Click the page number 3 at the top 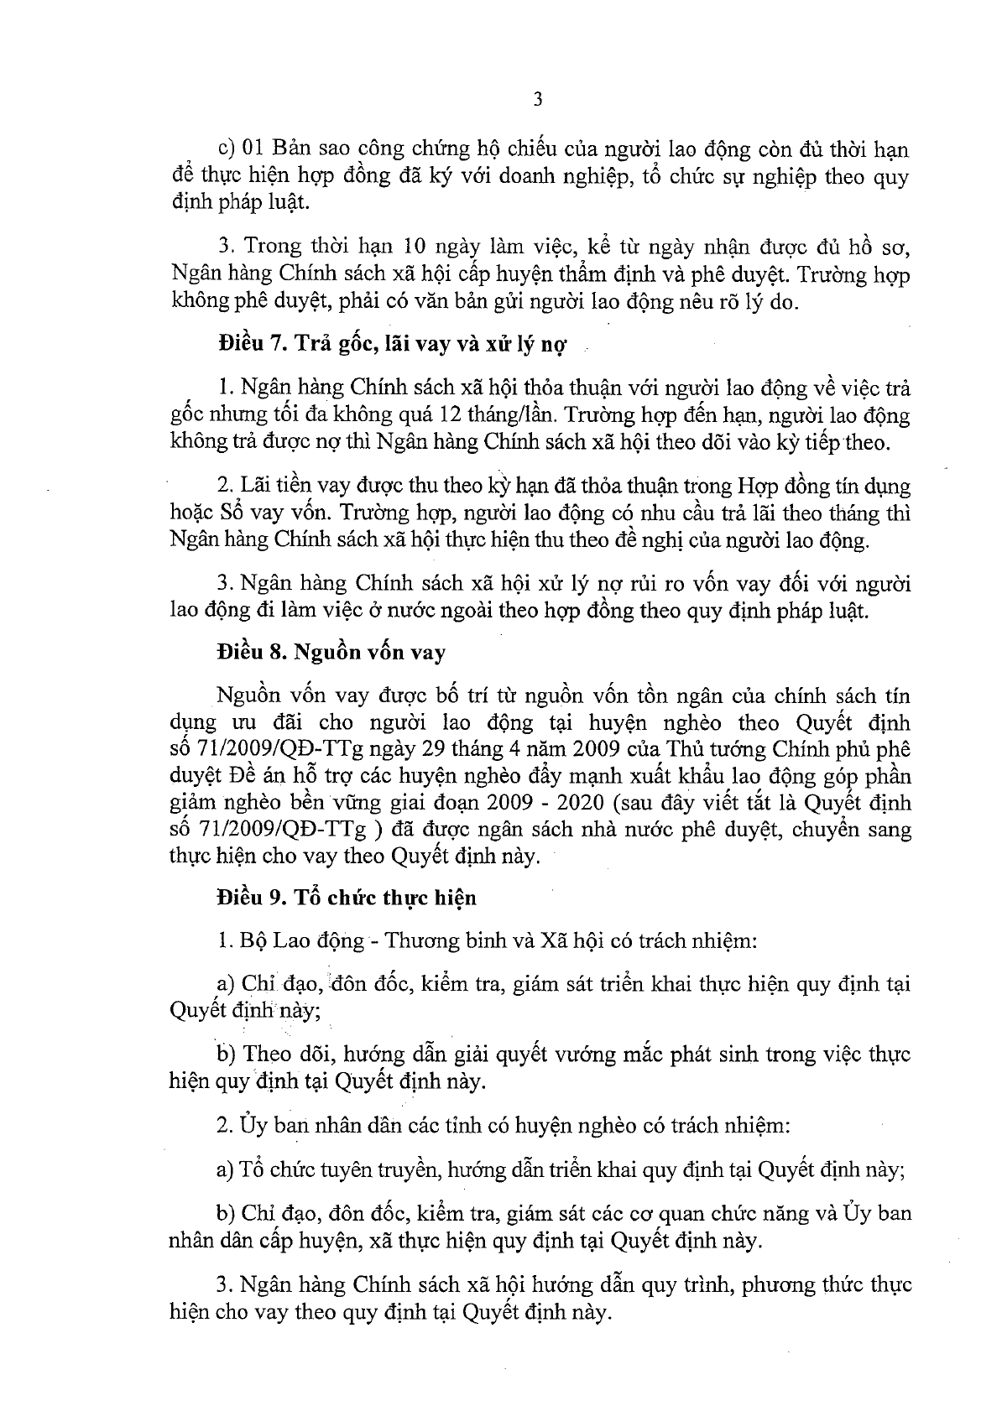click(538, 100)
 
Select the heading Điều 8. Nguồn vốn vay click(330, 653)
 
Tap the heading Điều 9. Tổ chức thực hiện click(346, 897)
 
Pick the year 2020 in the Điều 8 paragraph click(582, 803)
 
